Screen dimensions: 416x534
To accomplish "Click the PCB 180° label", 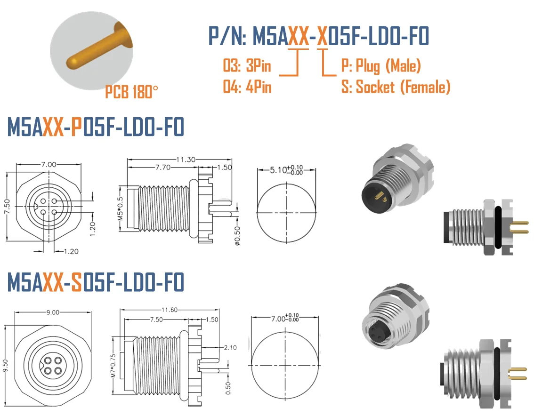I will point(129,92).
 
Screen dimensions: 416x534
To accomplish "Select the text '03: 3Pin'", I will point(247,65).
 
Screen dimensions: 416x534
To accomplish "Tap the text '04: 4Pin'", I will point(247,87).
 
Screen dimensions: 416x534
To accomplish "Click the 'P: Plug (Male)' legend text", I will point(380,65).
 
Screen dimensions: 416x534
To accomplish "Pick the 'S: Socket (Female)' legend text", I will point(396,87).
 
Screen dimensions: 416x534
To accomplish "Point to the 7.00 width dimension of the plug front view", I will point(49,164).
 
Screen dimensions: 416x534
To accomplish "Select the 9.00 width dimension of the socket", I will point(54,312).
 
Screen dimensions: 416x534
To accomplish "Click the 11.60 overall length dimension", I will point(170,310).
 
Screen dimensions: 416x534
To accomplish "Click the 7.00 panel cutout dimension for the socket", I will point(279,319).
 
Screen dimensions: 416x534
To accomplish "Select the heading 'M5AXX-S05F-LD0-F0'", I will point(95,283).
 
